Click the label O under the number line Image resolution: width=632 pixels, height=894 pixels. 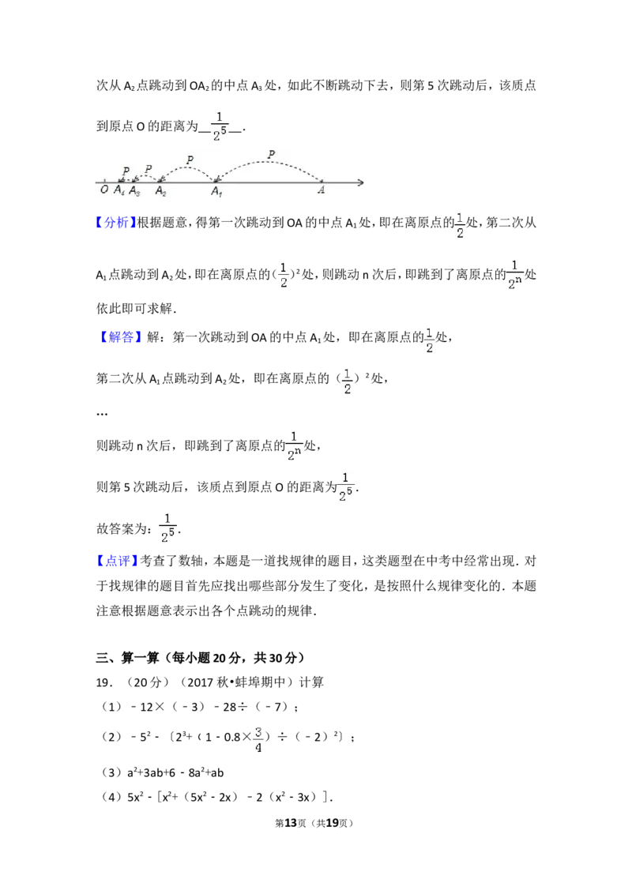104,190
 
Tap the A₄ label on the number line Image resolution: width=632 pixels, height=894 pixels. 119,190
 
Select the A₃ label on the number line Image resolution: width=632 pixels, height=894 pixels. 134,191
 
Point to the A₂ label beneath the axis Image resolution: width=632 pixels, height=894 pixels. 161,191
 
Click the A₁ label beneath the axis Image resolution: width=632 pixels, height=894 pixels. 216,192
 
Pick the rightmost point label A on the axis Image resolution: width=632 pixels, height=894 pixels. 321,190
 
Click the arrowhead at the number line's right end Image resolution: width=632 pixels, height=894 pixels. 360,182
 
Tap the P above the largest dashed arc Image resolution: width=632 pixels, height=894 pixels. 272,154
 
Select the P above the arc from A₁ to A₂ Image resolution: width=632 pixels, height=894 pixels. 190,160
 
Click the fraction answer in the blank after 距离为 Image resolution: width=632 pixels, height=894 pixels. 220,126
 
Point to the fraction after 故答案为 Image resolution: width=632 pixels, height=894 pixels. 167,528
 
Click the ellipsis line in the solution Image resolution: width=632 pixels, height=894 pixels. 102,415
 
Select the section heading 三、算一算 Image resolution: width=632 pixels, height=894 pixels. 127,658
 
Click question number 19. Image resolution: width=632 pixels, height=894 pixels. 103,682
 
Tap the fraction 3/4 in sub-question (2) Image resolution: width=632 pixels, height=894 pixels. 258,739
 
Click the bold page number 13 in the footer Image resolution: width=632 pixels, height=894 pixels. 291,823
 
